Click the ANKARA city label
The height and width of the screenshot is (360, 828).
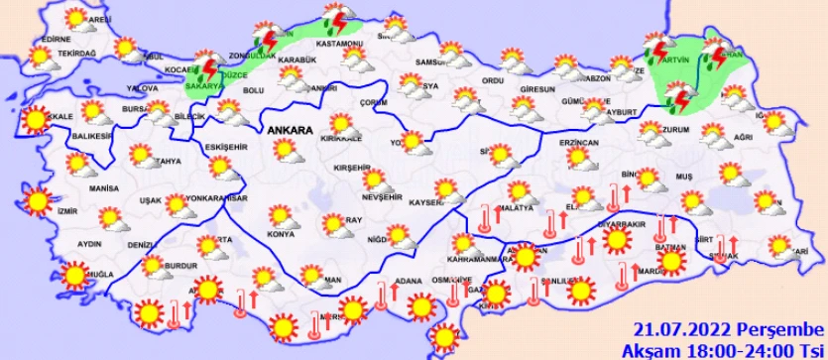point(288,130)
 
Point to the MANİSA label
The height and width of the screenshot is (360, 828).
point(103,186)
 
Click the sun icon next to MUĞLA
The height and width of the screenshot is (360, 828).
point(72,274)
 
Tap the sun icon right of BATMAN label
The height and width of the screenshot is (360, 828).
point(671,261)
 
